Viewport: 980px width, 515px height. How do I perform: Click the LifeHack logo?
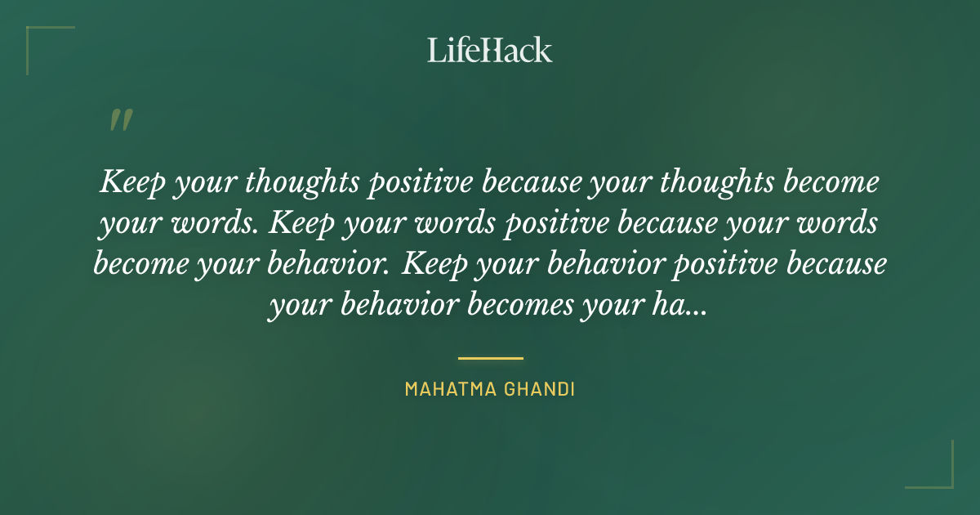[490, 50]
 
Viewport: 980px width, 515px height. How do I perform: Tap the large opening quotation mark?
[120, 121]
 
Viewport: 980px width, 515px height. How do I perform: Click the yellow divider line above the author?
[490, 358]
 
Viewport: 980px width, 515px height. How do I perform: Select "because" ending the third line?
[842, 265]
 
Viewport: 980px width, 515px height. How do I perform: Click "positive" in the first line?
[419, 181]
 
